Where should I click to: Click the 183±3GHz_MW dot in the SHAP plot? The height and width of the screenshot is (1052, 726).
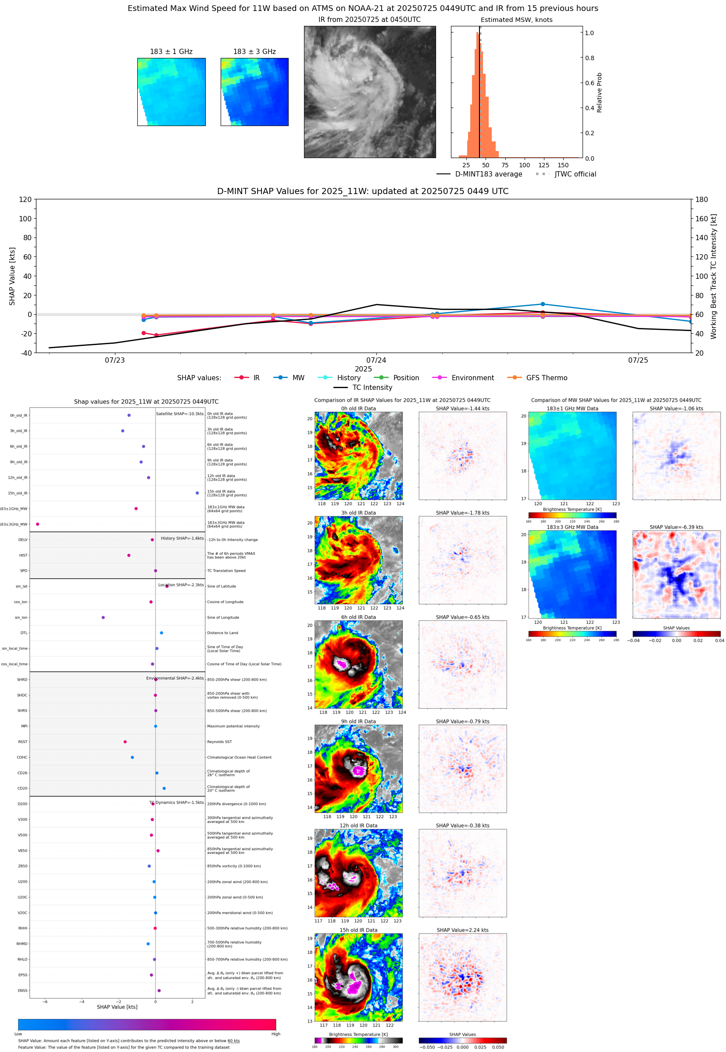[x=38, y=524]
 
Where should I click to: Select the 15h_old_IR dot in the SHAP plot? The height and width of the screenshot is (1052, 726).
[x=197, y=493]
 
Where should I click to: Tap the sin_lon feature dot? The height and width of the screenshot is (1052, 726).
[x=103, y=617]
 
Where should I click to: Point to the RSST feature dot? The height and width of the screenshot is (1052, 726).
[x=125, y=742]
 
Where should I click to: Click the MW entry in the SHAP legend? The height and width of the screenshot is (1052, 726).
[x=290, y=378]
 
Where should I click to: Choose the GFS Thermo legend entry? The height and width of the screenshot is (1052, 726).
[x=537, y=378]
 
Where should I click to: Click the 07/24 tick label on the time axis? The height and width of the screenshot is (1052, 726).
[x=376, y=360]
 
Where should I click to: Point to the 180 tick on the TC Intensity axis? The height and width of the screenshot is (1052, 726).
[x=701, y=199]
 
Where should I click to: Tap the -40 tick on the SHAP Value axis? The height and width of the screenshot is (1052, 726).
[x=25, y=353]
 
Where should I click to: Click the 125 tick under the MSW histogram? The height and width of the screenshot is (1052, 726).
[x=544, y=165]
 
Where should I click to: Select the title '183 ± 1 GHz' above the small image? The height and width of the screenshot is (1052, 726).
[x=171, y=52]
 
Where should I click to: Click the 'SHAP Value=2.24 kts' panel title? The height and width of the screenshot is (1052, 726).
[x=462, y=930]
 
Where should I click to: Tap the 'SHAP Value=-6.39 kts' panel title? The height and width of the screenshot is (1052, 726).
[x=676, y=527]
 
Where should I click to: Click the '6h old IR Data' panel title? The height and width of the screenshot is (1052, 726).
[x=358, y=617]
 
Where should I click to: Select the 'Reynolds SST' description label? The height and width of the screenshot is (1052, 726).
[x=219, y=742]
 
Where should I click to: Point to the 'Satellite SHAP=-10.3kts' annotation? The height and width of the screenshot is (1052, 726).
[x=180, y=414]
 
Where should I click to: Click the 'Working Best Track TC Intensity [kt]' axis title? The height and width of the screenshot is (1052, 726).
[x=713, y=276]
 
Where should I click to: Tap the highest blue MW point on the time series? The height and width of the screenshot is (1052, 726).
[x=543, y=304]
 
